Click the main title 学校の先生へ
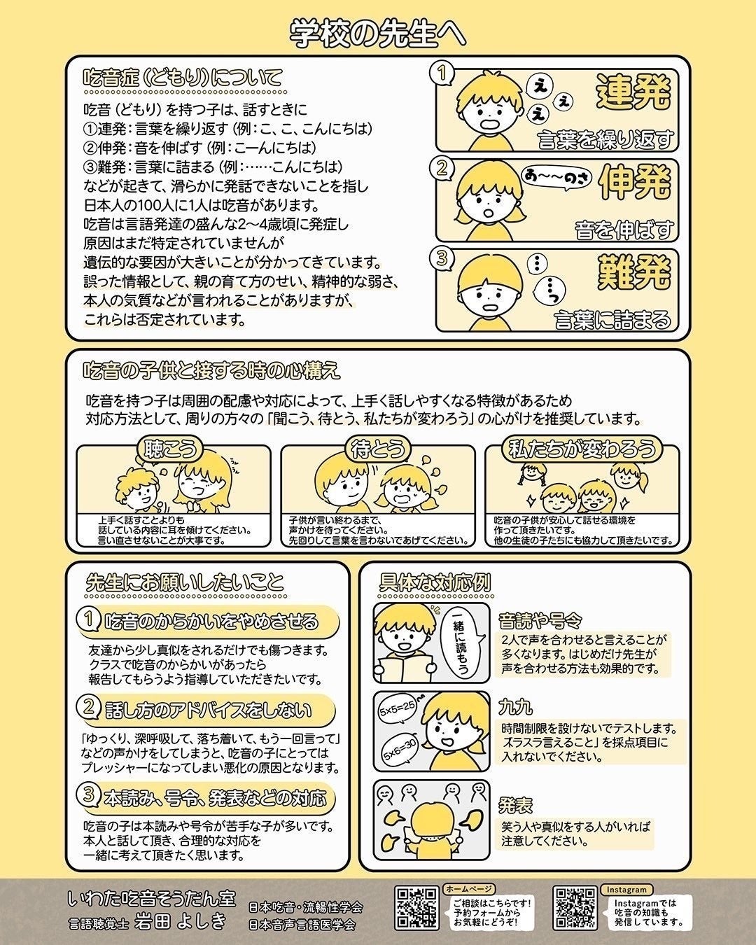[x=377, y=32]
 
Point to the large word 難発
[x=633, y=272]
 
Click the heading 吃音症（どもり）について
[x=183, y=76]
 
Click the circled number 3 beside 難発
[x=442, y=258]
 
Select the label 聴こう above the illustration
[x=171, y=449]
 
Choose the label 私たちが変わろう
[x=583, y=449]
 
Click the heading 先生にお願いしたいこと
[x=185, y=582]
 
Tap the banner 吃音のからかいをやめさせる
[x=210, y=621]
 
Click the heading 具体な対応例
[x=435, y=582]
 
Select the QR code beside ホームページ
[x=416, y=907]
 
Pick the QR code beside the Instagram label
[x=575, y=908]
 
